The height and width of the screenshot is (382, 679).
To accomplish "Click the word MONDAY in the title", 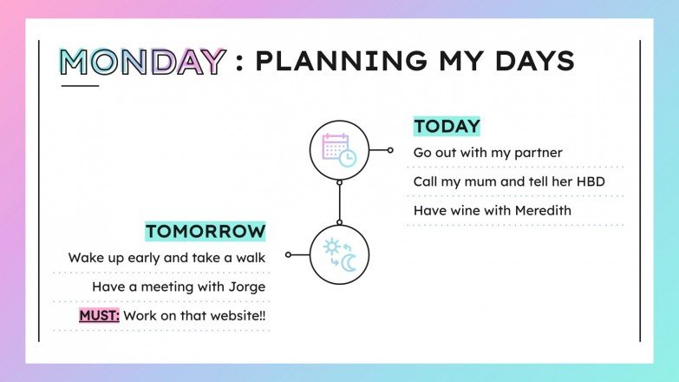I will point(142,62).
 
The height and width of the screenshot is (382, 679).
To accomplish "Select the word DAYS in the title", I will point(532,62).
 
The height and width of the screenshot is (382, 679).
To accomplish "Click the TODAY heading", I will point(447,126).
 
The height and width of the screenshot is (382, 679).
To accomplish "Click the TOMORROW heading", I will point(205,231).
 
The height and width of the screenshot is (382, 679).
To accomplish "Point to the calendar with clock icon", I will point(339,149).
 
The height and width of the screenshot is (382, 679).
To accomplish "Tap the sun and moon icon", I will point(339,255).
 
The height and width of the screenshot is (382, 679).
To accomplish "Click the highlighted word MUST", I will point(99,315).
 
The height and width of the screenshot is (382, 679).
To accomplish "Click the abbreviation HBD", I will point(590,181).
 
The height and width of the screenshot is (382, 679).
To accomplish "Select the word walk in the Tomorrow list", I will point(250,258).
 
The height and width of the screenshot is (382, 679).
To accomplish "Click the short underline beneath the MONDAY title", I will point(79,85).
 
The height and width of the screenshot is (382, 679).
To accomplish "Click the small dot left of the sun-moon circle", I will point(288,255).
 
